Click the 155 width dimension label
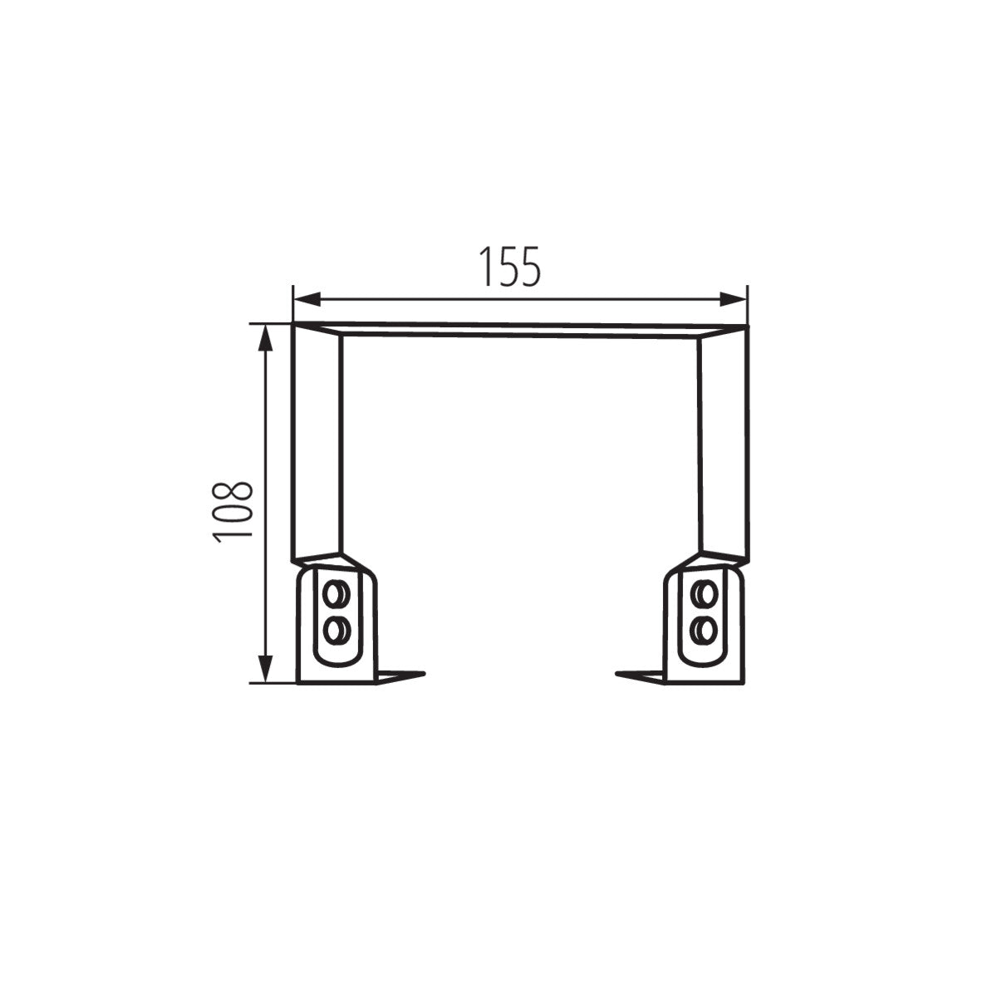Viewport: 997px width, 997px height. click(x=509, y=267)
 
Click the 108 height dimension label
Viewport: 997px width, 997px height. click(x=233, y=513)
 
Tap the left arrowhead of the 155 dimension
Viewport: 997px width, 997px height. click(x=307, y=299)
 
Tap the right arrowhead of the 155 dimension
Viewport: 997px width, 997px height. click(x=734, y=299)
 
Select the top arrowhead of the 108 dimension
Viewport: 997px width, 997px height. click(x=265, y=338)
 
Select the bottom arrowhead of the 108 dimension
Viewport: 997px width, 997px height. click(x=265, y=670)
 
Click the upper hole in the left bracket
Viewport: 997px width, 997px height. click(x=336, y=592)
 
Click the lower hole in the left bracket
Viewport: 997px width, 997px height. click(x=336, y=631)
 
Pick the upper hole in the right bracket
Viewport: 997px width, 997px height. click(x=705, y=592)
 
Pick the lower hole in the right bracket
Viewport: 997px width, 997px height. click(x=705, y=631)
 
